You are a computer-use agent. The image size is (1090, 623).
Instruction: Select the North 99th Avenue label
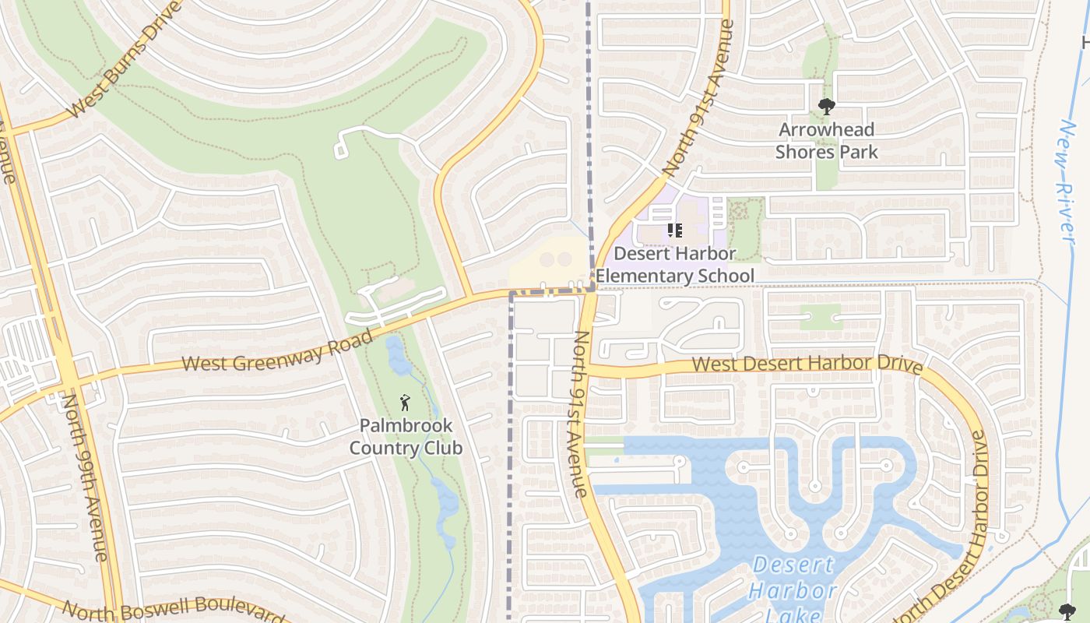coord(84,477)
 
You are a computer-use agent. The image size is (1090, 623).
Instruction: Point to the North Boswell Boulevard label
coord(173,612)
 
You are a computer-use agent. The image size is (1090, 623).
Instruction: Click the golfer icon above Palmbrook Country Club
coord(404,403)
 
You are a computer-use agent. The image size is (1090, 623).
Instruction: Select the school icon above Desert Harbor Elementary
coord(674,231)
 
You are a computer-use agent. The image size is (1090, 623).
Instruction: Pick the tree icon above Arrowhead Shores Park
coord(826,107)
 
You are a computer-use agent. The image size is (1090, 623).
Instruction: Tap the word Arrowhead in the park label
coord(826,129)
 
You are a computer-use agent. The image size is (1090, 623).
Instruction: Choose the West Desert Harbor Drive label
coord(807,364)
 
